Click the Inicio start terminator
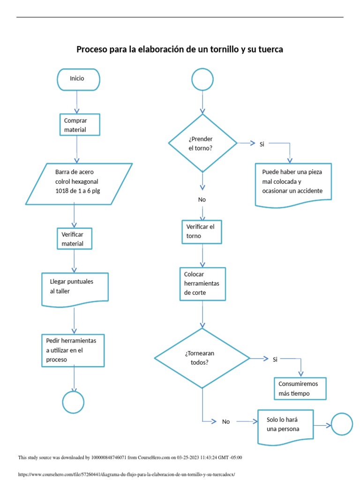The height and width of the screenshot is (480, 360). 78,79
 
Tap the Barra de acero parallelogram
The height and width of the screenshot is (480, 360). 79,184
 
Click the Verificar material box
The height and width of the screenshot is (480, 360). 74,239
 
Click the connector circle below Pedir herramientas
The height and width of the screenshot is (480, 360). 73,402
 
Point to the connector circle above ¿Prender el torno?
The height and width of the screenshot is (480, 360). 202,79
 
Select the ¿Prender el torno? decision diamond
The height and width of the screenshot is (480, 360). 202,143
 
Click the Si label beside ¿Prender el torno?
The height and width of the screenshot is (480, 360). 262,144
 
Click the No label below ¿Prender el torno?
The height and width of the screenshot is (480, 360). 202,200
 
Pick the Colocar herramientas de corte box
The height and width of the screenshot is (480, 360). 202,284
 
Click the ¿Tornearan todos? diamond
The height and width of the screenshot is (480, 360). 202,358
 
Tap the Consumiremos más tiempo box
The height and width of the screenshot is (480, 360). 300,389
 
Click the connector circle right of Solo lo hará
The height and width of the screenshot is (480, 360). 342,425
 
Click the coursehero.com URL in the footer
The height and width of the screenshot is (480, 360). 126,474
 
